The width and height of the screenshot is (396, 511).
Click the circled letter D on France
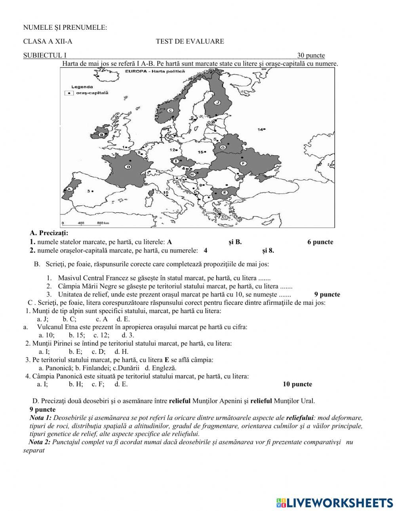click(128, 167)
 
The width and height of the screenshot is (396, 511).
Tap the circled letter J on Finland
click(217, 102)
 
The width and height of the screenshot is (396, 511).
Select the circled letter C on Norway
click(171, 110)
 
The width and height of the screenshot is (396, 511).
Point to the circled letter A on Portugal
click(69, 189)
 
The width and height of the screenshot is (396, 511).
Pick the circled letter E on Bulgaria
click(224, 193)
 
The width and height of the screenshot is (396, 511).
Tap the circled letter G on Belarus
click(223, 147)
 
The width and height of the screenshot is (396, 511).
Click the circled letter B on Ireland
click(101, 135)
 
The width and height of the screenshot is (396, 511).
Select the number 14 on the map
click(260, 129)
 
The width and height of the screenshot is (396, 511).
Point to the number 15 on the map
click(200, 152)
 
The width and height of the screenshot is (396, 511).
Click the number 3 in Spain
click(88, 190)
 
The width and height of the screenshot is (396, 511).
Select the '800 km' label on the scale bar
click(103, 223)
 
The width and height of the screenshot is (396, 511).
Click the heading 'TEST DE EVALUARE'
click(190, 41)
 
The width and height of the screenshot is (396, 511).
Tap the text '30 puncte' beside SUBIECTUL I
click(310, 55)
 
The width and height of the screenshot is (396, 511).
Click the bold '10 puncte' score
click(297, 384)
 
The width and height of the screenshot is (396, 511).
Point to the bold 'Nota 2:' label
click(40, 442)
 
